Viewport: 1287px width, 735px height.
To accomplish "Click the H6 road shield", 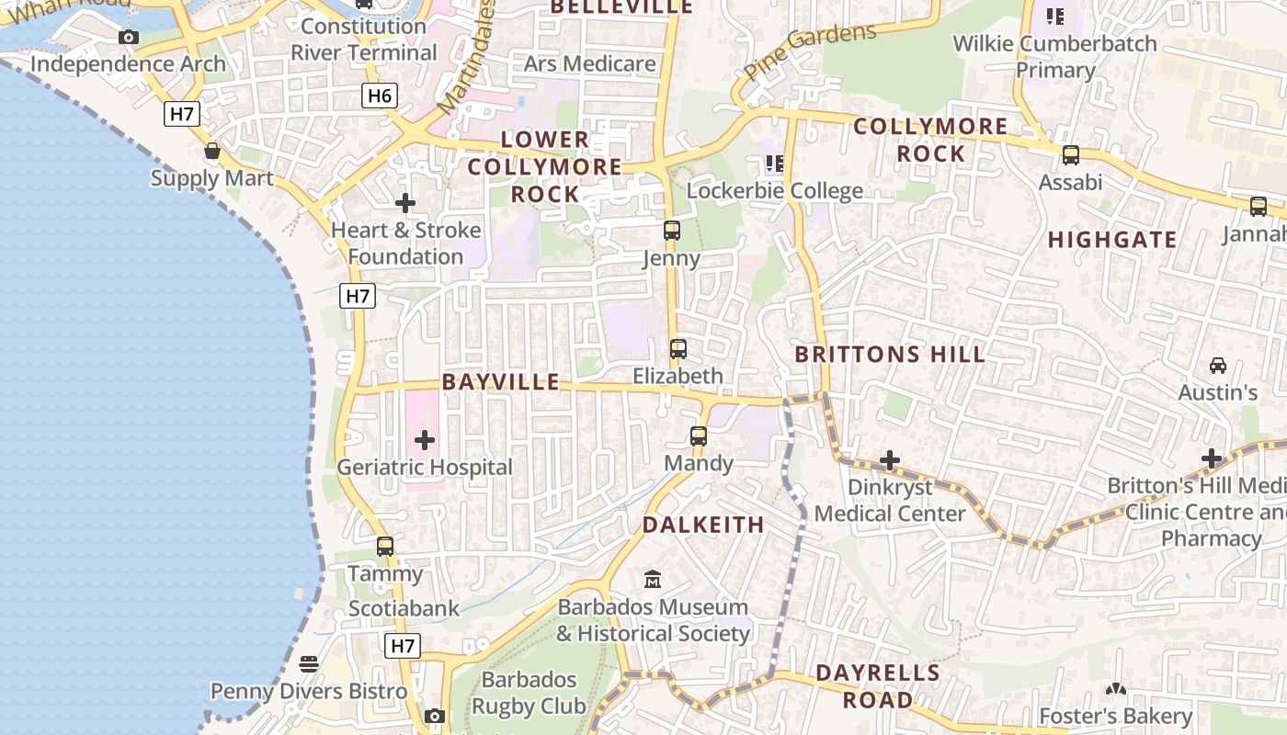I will [379, 96].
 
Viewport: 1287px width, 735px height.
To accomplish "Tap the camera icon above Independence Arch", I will [129, 38].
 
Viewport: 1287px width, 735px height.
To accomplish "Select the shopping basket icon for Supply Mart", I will [212, 151].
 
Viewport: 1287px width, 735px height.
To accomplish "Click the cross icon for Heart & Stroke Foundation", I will [404, 203].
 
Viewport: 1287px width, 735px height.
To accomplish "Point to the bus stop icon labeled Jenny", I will [672, 231].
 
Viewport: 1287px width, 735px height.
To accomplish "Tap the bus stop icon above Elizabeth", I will [678, 349].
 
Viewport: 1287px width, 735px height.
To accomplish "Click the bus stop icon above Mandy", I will [699, 436].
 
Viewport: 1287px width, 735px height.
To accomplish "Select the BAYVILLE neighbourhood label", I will [501, 382].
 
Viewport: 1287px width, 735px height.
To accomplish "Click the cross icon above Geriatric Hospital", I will [424, 441].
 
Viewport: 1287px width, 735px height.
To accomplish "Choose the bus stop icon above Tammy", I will [385, 547].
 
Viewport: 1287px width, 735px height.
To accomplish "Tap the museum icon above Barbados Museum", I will [653, 580].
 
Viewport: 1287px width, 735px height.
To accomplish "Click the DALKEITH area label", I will [703, 526].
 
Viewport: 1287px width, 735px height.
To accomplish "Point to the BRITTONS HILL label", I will [890, 355].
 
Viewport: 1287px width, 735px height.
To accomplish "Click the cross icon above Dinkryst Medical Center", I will [889, 460].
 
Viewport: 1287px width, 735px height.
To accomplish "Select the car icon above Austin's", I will [1218, 366].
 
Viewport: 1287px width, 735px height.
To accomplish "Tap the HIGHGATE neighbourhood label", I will [1112, 240].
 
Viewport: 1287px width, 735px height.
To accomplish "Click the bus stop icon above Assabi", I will [1070, 155].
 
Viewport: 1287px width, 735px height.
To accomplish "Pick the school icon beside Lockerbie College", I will [775, 164].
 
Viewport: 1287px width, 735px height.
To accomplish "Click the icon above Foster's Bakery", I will [1115, 689].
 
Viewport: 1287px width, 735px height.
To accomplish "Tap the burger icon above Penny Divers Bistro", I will [309, 664].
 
